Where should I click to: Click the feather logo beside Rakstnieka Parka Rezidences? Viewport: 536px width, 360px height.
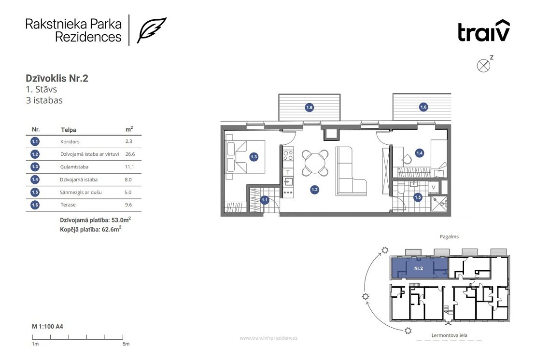coord(152,30)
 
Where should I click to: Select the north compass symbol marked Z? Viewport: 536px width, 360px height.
coord(483,65)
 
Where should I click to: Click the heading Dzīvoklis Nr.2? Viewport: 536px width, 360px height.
coord(57,78)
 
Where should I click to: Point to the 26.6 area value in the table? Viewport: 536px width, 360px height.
coord(130,154)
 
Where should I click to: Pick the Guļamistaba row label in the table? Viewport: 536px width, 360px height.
coord(74,166)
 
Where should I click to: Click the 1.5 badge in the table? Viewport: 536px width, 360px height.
coord(35,192)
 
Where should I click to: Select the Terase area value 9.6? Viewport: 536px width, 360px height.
coord(128,205)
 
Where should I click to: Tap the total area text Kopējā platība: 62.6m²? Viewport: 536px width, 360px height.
coord(91,229)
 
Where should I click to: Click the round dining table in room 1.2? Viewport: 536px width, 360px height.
coord(315,163)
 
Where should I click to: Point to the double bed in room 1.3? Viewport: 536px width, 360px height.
coord(245,157)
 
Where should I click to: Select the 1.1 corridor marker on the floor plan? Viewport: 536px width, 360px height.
coord(265,200)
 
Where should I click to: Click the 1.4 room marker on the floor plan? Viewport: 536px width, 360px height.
coord(420,153)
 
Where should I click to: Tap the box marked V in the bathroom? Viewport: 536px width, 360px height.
coord(433,187)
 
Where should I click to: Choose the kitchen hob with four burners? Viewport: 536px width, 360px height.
coord(288,154)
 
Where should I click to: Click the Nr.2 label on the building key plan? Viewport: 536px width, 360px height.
coord(418,268)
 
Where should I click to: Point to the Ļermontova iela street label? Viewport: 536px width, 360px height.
coord(449,335)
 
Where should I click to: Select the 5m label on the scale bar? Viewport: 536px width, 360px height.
coord(126,344)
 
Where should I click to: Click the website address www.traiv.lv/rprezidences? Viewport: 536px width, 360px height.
coord(268,338)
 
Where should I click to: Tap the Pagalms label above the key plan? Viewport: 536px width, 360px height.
coord(449,236)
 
